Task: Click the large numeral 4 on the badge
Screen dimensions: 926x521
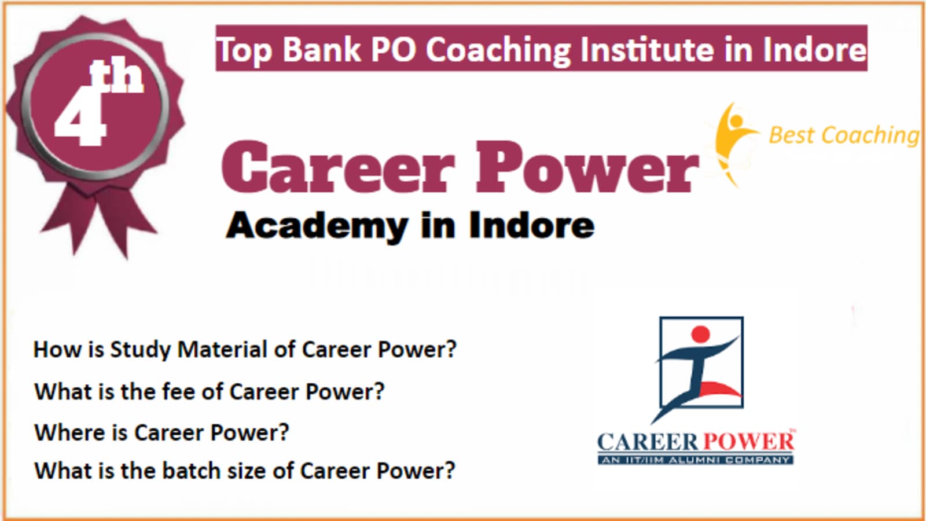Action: coord(80,116)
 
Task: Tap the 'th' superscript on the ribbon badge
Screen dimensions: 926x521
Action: coord(116,76)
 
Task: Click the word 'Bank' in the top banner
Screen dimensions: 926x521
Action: coord(322,49)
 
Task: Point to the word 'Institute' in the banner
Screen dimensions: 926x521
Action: coord(647,49)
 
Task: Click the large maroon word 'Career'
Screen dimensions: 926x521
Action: coord(339,167)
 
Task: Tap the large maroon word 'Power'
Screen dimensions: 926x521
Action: coord(587,167)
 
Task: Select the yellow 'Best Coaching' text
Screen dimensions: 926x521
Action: coord(844,135)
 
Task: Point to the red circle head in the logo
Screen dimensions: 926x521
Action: coord(700,334)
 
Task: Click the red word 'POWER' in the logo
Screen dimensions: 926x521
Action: coord(748,442)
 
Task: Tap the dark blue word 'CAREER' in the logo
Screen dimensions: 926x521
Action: coord(649,442)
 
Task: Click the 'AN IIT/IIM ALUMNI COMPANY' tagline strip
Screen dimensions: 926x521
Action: coord(695,460)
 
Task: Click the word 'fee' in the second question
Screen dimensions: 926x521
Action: coord(178,391)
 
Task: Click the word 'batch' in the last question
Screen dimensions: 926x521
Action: coord(192,471)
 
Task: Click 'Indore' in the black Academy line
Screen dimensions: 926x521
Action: coord(532,225)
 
